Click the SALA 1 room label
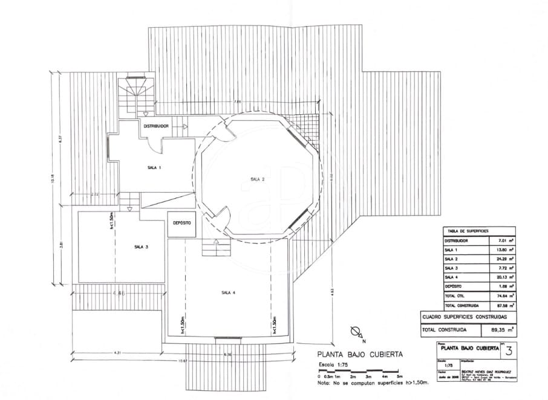(x=154, y=167)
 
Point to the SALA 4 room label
(x=228, y=292)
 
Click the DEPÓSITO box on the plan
(x=181, y=223)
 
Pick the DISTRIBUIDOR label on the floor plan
(x=156, y=126)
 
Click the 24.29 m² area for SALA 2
(x=506, y=258)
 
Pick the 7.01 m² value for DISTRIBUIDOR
(x=506, y=240)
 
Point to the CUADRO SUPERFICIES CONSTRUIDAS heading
(x=465, y=317)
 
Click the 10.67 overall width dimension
(x=183, y=361)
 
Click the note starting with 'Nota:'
(x=373, y=382)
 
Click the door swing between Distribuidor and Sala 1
(x=154, y=144)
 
